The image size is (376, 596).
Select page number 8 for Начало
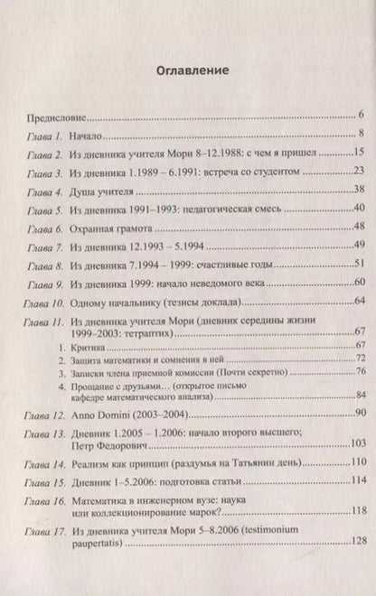click(x=359, y=135)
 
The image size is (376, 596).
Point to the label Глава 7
click(x=42, y=245)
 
